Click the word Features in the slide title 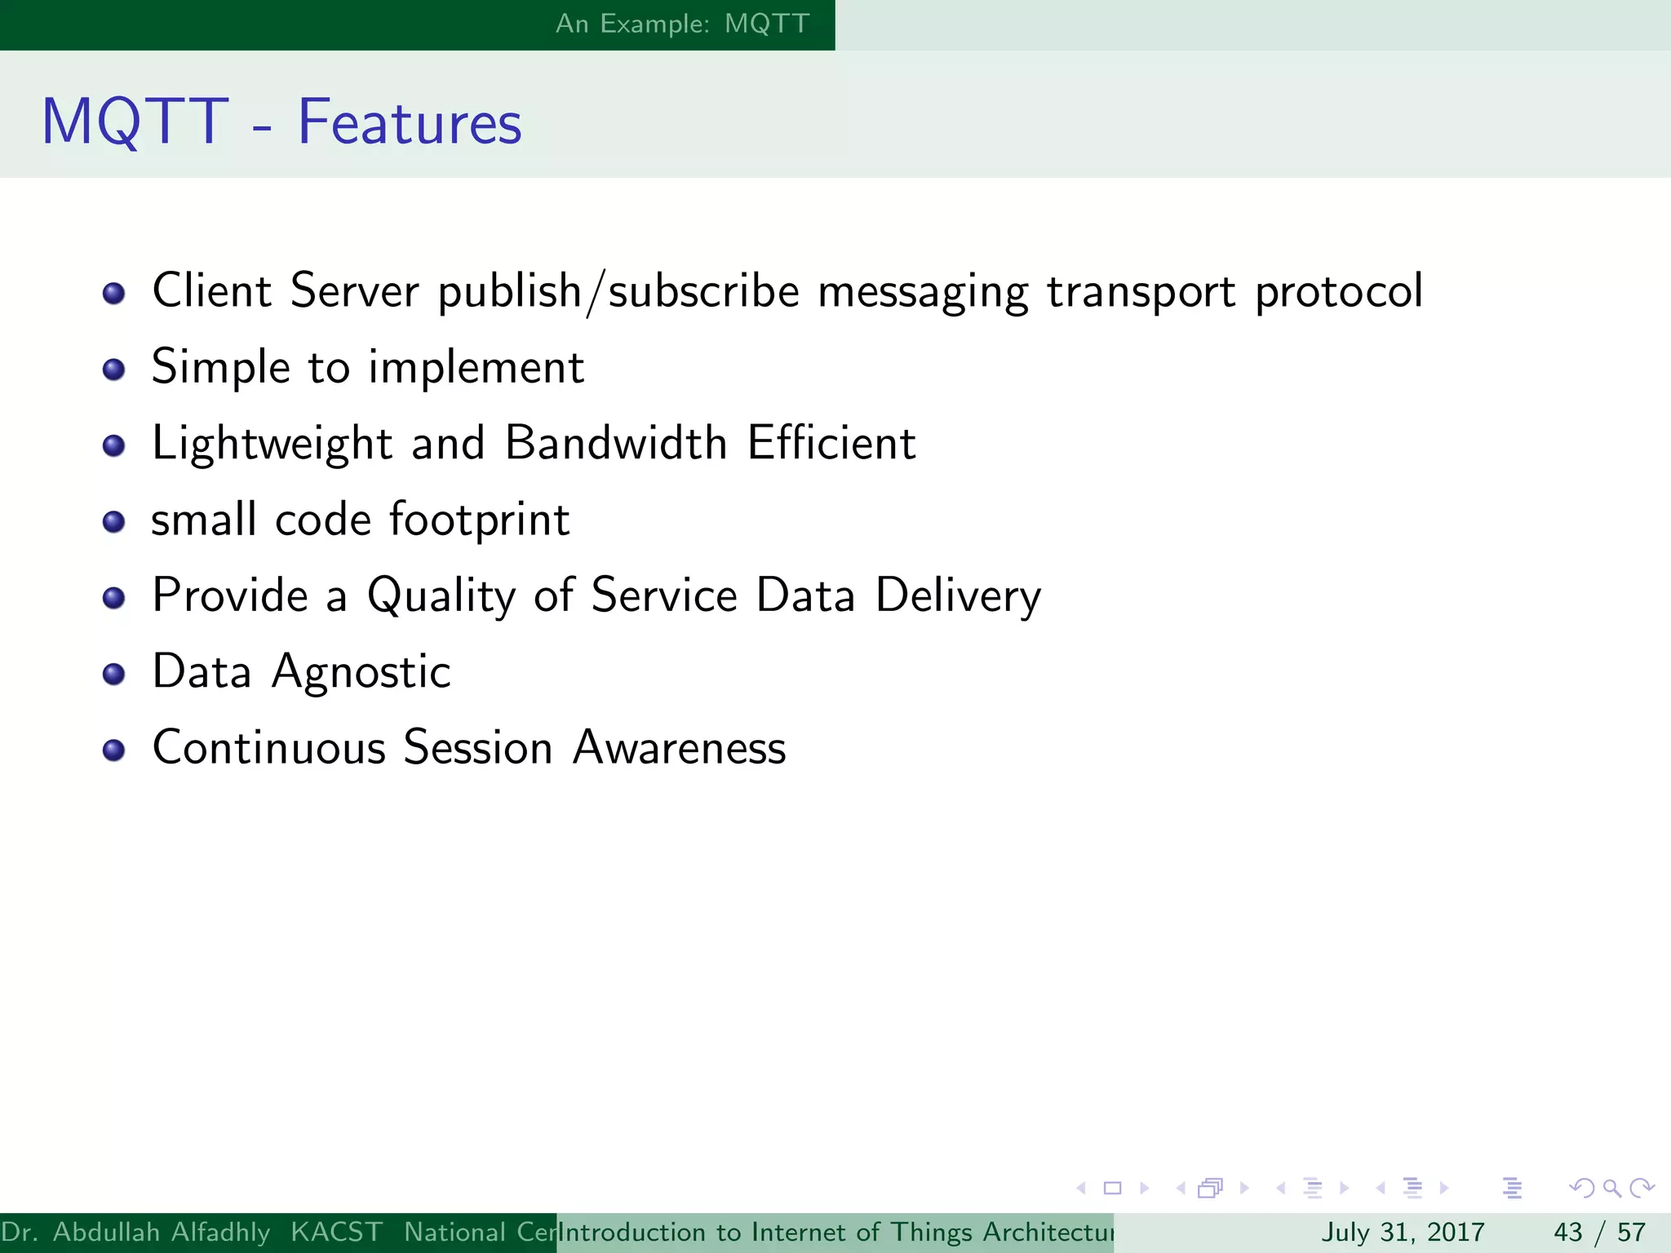pyautogui.click(x=409, y=122)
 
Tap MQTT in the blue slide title pyautogui.click(x=135, y=122)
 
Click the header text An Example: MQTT pyautogui.click(x=682, y=24)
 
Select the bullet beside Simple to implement pyautogui.click(x=114, y=370)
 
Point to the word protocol pyautogui.click(x=1338, y=292)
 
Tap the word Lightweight pyautogui.click(x=273, y=445)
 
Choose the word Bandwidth pyautogui.click(x=616, y=443)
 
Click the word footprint pyautogui.click(x=480, y=520)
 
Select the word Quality pyautogui.click(x=441, y=596)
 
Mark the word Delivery pyautogui.click(x=958, y=596)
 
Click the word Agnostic pyautogui.click(x=361, y=673)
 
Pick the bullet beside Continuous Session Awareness pyautogui.click(x=114, y=750)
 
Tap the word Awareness pyautogui.click(x=679, y=748)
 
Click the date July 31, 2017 pyautogui.click(x=1402, y=1232)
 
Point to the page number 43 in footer pyautogui.click(x=1567, y=1232)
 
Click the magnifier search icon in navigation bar pyautogui.click(x=1611, y=1188)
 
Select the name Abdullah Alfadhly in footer pyautogui.click(x=162, y=1232)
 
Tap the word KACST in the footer pyautogui.click(x=336, y=1232)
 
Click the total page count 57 pyautogui.click(x=1631, y=1232)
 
